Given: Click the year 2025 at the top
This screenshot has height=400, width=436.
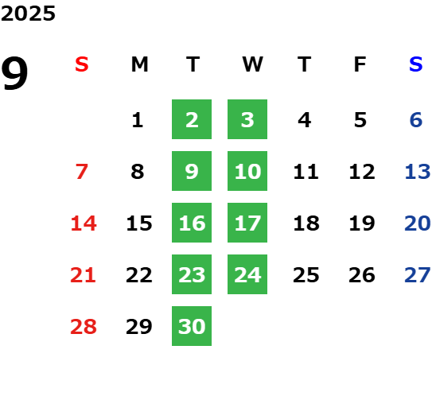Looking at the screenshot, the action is coord(28,14).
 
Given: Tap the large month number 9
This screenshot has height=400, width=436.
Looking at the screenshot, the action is coord(14,73).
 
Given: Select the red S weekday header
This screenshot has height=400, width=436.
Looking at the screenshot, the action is coord(81,64).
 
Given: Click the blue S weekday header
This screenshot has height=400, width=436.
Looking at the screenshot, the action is coord(415,64).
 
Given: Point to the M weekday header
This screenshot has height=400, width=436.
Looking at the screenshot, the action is coord(139,64).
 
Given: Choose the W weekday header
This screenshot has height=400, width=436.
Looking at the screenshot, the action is coord(252,64).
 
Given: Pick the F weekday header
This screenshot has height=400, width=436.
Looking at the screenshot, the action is coord(360,64).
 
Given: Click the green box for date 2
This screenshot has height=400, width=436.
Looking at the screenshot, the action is coord(192,119).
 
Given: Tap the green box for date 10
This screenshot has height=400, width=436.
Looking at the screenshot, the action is coord(247,171).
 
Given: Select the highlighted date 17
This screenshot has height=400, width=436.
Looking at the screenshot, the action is coord(247,223).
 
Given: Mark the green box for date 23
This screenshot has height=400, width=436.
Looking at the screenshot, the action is coord(192,274).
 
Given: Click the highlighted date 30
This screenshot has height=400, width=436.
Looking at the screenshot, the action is coord(192,326).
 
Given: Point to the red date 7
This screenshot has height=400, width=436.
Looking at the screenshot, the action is coord(82,172).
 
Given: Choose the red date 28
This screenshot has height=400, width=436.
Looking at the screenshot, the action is coord(84,327).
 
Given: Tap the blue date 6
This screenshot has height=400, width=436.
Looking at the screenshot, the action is coord(416,120).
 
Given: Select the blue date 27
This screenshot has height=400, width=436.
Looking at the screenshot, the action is coord(418,275).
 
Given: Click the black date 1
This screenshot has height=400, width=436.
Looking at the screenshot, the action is coord(138,120).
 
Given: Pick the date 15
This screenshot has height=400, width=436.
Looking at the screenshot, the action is coord(139,223).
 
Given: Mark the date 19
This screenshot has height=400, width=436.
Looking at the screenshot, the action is coord(362,223).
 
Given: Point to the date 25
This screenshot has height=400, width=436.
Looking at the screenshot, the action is coord(306,275).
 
